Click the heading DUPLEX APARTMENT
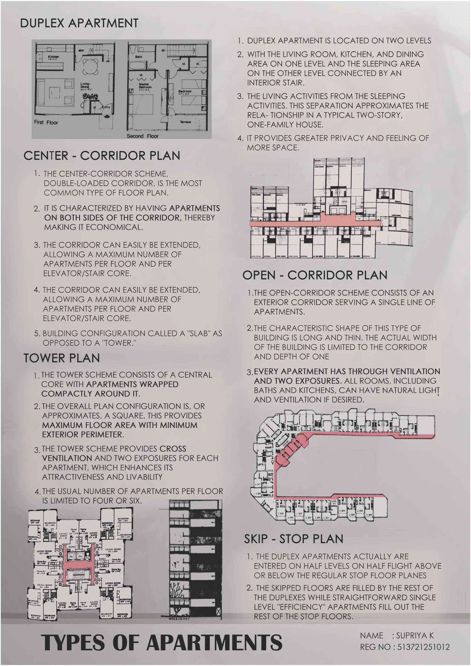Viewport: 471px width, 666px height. pos(79,23)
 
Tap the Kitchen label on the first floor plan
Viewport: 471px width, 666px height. pos(53,57)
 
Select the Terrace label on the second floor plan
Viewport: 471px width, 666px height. pos(185,122)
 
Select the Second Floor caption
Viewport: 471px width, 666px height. pos(142,136)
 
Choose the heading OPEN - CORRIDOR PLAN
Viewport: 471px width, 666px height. pos(315,275)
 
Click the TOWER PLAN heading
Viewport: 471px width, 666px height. pos(61,358)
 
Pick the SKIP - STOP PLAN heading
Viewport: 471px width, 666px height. pos(293,539)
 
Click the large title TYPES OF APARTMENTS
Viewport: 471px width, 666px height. pos(161,642)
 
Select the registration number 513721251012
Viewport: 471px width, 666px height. pos(423,647)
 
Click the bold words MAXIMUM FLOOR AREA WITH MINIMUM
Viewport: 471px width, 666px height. pos(120,425)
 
